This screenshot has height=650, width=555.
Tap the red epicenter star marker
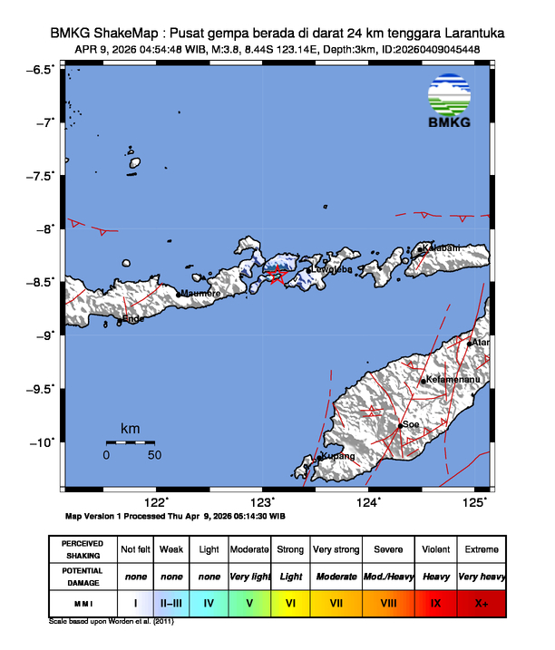tap(279, 273)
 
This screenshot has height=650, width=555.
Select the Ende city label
tap(132, 319)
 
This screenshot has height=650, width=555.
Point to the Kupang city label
tap(338, 457)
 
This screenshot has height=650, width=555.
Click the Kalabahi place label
tap(441, 248)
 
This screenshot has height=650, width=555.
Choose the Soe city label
tap(411, 424)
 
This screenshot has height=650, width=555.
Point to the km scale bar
tap(130, 442)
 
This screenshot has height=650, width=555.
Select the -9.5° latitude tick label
tap(42, 389)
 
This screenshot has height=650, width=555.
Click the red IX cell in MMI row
tap(436, 602)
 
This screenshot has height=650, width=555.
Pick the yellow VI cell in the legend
tap(290, 602)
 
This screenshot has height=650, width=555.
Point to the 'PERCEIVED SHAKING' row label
tap(83, 549)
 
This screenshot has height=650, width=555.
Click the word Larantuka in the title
tap(459, 33)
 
